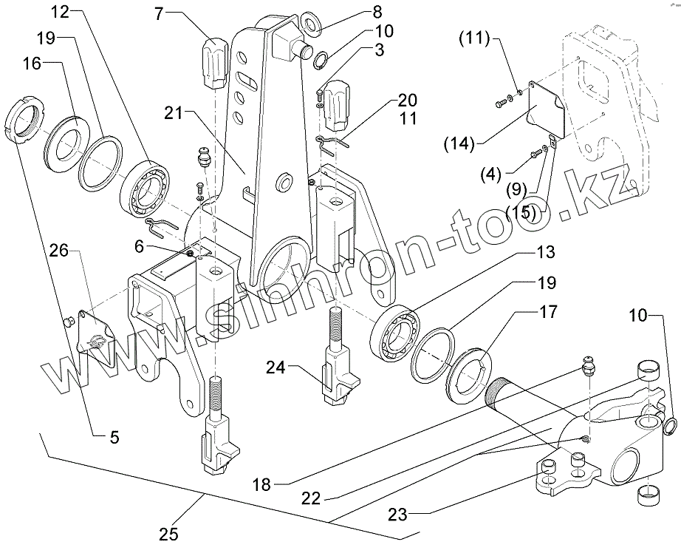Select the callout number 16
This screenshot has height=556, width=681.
[x=32, y=65]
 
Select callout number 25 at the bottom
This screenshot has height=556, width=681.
[x=169, y=535]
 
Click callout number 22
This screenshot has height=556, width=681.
[x=311, y=499]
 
